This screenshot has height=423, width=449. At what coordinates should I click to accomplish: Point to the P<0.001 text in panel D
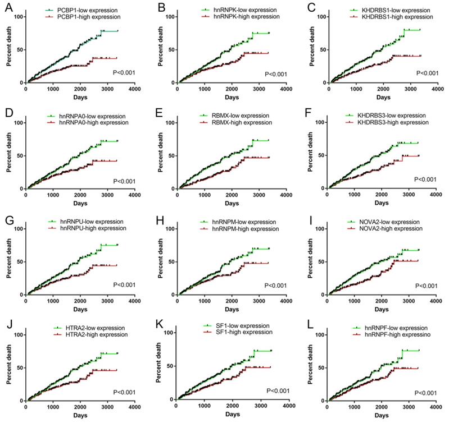(125, 181)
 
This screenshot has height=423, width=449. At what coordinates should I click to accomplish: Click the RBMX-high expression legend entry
(230, 123)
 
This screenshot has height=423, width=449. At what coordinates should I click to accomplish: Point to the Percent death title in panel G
(8, 261)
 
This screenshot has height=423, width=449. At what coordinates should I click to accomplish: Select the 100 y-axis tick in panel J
(19, 335)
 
